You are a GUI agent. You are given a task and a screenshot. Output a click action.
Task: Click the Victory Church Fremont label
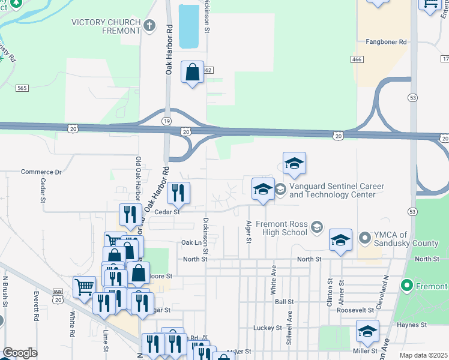pos(104,26)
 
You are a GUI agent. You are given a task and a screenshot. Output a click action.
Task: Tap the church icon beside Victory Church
pos(149,25)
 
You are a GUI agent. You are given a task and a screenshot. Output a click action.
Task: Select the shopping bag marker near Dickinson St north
pos(192,73)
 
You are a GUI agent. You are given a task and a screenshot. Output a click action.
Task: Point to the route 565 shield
pos(23,88)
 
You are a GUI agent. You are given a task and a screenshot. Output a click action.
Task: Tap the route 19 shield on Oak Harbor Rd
pos(166,121)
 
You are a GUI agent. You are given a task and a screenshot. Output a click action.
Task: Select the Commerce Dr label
pos(41,172)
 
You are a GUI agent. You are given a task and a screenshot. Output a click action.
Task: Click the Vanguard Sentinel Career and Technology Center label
pos(336,190)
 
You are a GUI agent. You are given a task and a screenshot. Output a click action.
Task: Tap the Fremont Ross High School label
pos(282,228)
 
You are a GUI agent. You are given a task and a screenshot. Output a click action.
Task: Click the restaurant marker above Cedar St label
pos(178,193)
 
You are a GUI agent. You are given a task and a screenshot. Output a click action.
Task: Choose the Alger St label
pos(248,232)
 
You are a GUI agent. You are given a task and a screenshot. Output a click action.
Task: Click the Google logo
pos(20,353)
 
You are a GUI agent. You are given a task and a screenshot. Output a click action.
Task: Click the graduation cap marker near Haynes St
pos(367,331)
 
